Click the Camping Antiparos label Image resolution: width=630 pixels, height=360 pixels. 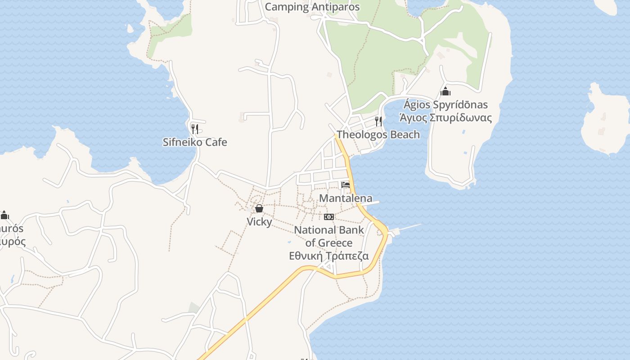(312, 7)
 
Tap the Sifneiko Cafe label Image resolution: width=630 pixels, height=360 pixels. (195, 142)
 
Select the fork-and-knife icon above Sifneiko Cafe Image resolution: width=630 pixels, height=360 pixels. (195, 129)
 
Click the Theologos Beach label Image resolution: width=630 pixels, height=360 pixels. (378, 135)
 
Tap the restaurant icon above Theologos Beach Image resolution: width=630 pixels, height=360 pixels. (378, 121)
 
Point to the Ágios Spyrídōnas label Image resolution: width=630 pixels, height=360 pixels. (445, 105)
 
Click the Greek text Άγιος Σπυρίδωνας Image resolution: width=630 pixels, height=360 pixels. (445, 118)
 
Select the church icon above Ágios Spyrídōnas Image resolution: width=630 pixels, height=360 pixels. (445, 92)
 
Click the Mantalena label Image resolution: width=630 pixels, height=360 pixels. (346, 198)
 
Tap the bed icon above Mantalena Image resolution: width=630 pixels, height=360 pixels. (346, 185)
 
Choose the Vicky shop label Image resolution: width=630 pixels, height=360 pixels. (259, 222)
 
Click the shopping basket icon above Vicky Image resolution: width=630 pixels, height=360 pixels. (259, 208)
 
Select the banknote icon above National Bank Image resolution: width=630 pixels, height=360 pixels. (329, 217)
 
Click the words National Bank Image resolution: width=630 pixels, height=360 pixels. (329, 230)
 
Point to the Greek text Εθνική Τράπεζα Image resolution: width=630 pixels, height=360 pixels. (329, 256)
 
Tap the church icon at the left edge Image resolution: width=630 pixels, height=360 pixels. (5, 215)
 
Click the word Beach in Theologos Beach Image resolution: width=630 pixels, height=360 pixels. (403, 135)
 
